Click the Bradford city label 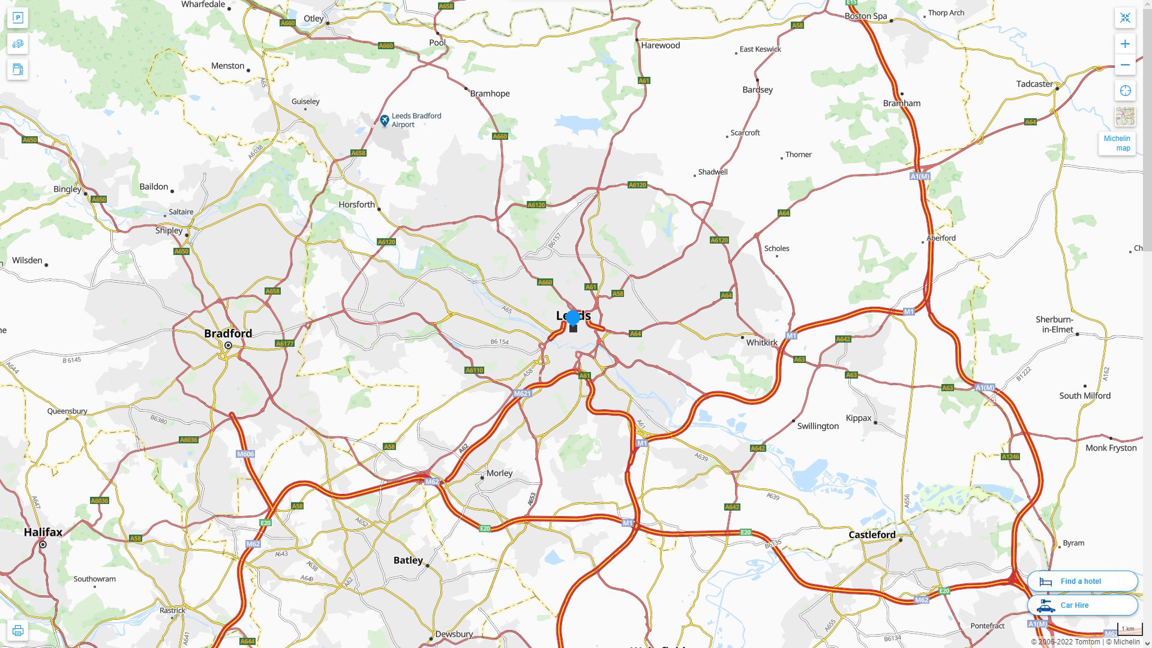point(228,334)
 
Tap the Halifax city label point(43,532)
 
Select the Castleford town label point(872,535)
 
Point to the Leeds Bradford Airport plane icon point(385,121)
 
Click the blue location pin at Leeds point(573,318)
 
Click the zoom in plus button point(1125,44)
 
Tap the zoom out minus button point(1125,65)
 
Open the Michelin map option point(1117,143)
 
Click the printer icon point(17,631)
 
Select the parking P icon point(17,18)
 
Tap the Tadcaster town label point(1034,84)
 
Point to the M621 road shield point(522,394)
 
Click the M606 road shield point(245,454)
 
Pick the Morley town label point(499,473)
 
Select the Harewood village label point(660,46)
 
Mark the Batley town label point(408,560)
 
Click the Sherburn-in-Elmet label point(1054,325)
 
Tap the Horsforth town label point(356,205)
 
